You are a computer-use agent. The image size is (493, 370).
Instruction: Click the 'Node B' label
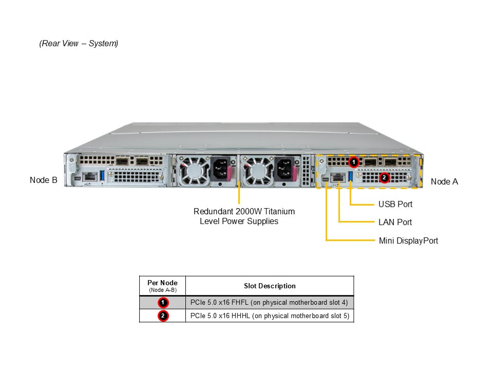43,180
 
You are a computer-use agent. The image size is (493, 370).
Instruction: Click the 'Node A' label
444,181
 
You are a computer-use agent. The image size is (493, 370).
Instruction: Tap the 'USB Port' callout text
395,204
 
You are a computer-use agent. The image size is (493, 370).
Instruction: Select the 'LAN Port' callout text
395,222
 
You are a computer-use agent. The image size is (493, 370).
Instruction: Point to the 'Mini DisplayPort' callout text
408,240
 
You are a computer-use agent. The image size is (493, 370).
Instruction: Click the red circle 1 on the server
353,162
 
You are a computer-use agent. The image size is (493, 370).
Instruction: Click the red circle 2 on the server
384,177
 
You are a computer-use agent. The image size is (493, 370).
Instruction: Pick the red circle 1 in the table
163,302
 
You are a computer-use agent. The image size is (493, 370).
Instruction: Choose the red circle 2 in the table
163,316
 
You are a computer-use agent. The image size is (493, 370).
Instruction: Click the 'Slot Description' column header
270,286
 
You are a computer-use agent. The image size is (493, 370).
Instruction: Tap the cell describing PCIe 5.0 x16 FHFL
269,302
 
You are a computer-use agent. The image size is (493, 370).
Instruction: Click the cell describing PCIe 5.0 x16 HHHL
269,316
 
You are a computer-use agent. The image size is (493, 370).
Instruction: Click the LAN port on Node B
89,177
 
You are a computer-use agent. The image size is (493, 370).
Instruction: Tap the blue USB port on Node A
351,177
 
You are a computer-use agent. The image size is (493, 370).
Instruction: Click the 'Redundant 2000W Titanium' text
244,211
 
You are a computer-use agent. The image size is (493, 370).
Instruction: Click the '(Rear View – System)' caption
79,43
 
